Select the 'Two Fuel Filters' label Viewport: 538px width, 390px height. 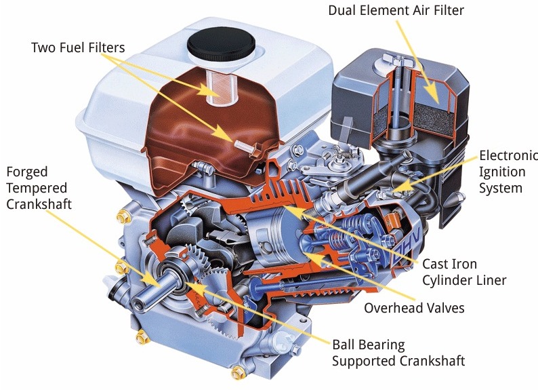[78, 47]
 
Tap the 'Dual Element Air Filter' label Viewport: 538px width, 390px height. [396, 10]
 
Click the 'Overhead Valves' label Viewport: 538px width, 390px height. [414, 308]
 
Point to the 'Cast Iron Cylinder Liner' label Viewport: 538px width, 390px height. [464, 272]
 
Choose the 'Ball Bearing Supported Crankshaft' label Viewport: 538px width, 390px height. [398, 353]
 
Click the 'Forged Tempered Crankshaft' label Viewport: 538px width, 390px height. [39, 188]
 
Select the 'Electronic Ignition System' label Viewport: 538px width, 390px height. [508, 172]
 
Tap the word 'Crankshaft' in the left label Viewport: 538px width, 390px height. [39, 204]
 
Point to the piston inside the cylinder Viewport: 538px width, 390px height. [274, 237]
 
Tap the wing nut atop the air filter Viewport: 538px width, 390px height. [397, 61]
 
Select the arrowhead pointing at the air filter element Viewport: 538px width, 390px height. [432, 92]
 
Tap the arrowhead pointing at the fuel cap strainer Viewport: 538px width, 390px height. [209, 90]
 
